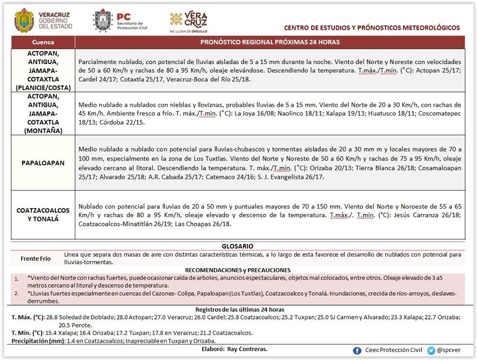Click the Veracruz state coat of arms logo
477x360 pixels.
[x=24, y=21]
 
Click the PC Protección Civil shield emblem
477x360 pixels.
[x=103, y=21]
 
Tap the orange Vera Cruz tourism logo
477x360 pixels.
[x=189, y=21]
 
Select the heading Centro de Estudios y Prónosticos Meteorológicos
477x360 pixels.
[x=372, y=28]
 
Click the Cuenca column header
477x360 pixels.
[x=43, y=42]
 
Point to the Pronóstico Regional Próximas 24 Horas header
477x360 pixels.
[x=270, y=42]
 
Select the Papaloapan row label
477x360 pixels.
[x=43, y=163]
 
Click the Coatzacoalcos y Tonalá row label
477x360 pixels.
[x=43, y=215]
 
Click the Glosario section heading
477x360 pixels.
[x=237, y=246]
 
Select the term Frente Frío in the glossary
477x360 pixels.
[x=36, y=259]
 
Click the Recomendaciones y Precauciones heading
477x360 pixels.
[x=238, y=269]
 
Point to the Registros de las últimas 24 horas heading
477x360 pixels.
[x=237, y=310]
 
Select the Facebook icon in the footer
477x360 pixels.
[x=357, y=350]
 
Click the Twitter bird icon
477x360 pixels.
[x=431, y=350]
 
